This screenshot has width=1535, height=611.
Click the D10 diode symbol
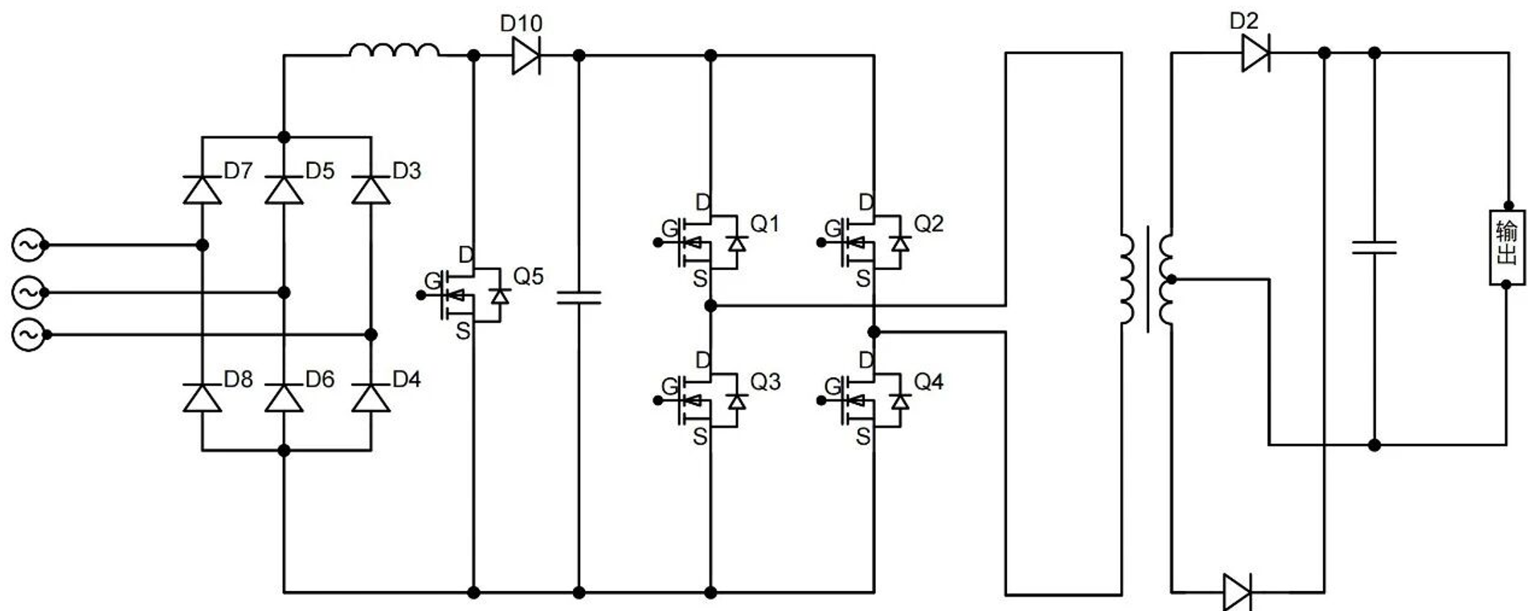point(526,56)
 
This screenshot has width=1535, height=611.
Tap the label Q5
point(528,277)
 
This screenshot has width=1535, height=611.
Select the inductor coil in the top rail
point(395,51)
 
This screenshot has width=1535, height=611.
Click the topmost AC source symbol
point(28,245)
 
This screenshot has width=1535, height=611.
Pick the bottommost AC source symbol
point(28,334)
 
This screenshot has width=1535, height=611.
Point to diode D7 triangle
point(203,191)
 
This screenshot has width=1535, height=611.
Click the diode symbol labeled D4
point(371,399)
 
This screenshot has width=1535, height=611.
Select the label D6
point(320,379)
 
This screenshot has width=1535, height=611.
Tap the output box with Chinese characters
point(1506,245)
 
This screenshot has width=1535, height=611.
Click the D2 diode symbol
point(1255,54)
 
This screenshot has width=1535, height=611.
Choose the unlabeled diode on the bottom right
point(1237,593)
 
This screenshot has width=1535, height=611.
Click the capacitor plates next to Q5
point(579,298)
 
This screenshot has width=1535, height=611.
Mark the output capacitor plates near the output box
point(1374,247)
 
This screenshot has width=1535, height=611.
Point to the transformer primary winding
point(1127,278)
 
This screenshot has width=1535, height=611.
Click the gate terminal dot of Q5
point(421,295)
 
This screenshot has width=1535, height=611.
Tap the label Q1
point(764,223)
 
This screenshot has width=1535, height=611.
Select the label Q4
point(928,382)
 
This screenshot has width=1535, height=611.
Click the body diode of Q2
point(900,243)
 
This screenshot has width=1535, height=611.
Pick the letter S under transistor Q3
point(700,437)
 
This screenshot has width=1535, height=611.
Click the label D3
point(407,170)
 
